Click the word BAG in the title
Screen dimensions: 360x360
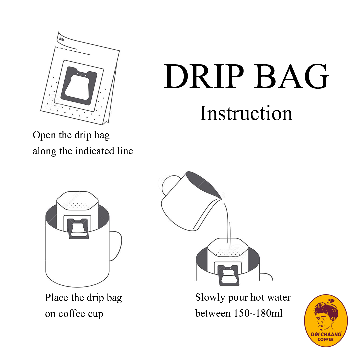(x=291, y=76)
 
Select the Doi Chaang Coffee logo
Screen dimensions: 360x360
(x=326, y=320)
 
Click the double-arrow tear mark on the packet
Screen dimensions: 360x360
(x=62, y=39)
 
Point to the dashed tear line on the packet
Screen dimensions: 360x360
(x=73, y=51)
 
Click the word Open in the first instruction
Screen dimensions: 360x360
(x=44, y=135)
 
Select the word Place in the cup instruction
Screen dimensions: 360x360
(x=57, y=298)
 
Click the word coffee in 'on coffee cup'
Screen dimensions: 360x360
(x=71, y=314)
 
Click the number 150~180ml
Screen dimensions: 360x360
(x=258, y=313)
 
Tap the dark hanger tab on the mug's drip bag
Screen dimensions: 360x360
(x=78, y=229)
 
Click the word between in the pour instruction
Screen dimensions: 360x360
(x=213, y=313)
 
